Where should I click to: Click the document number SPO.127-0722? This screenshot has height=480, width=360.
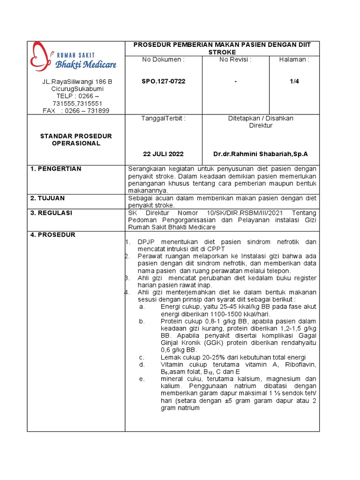click(x=164, y=82)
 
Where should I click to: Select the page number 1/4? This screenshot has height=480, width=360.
click(x=294, y=82)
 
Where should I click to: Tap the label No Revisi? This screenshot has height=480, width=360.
click(x=235, y=60)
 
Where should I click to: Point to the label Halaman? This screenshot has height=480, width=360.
click(x=294, y=60)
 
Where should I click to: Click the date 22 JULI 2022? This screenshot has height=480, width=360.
click(x=163, y=154)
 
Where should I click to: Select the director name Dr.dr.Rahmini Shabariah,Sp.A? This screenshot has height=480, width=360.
click(x=261, y=154)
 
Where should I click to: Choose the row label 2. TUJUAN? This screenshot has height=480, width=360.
click(x=48, y=198)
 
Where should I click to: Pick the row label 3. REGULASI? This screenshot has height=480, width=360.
click(x=52, y=213)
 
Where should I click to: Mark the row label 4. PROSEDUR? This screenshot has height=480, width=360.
click(x=52, y=235)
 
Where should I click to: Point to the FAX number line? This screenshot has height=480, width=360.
click(x=76, y=111)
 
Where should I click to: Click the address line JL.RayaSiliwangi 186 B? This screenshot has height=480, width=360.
click(x=77, y=82)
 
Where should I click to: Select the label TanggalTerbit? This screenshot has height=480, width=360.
click(x=164, y=118)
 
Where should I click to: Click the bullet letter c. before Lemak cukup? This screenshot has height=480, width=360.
click(x=142, y=357)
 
